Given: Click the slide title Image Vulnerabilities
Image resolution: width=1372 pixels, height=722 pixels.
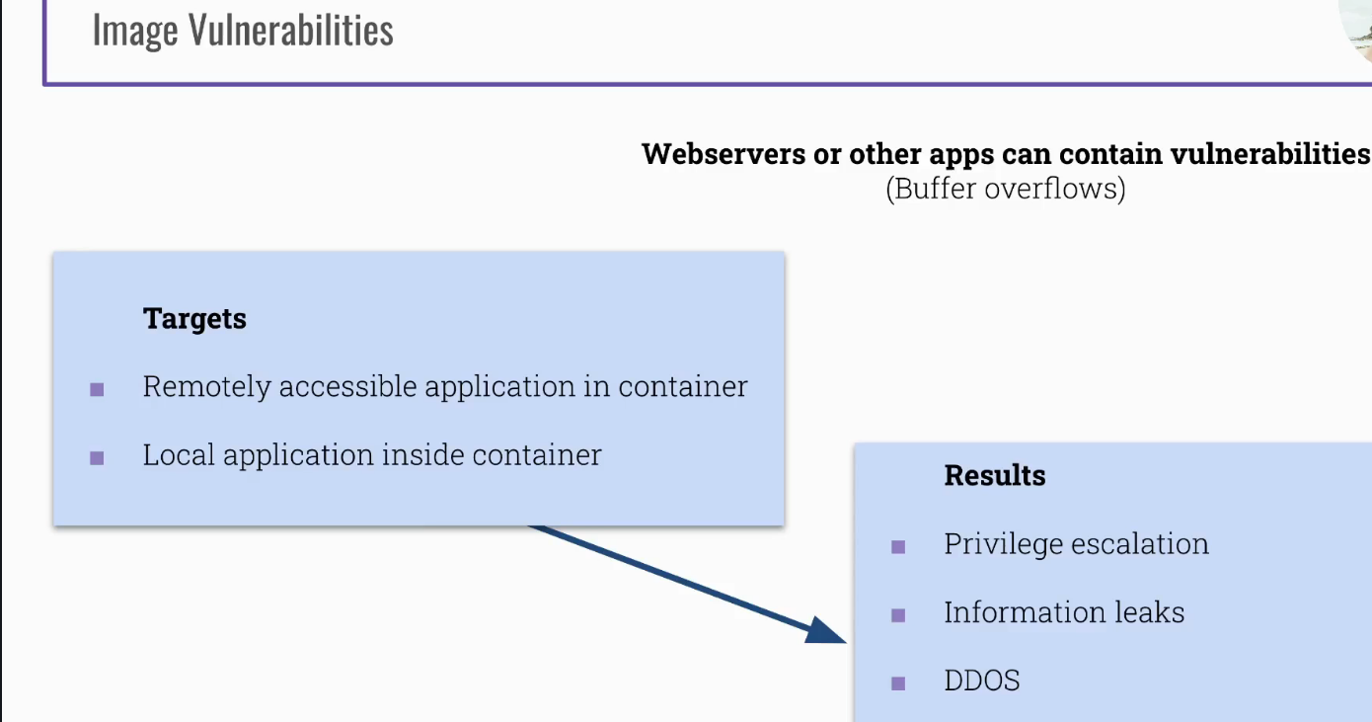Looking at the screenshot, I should tap(243, 30).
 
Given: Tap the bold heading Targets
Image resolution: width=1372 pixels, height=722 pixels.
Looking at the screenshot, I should tap(194, 319).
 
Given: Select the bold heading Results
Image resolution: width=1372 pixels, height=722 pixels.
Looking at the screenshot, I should tap(994, 475).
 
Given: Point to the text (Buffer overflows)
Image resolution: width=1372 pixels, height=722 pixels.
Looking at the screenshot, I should tap(1005, 188).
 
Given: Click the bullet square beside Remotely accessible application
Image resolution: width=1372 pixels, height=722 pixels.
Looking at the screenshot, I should tap(97, 389).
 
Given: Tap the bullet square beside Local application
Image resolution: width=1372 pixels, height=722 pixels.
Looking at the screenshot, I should tap(97, 457).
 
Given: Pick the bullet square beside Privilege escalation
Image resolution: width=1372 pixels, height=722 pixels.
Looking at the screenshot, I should tap(898, 546).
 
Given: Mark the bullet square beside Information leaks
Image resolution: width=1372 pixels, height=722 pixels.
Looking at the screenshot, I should tap(898, 614).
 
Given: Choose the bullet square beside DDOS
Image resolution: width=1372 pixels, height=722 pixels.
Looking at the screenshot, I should tap(898, 682).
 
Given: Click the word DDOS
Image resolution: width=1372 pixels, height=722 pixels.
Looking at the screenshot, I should tap(981, 681).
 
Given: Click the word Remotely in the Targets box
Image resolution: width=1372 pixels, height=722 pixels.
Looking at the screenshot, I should tap(206, 386).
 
